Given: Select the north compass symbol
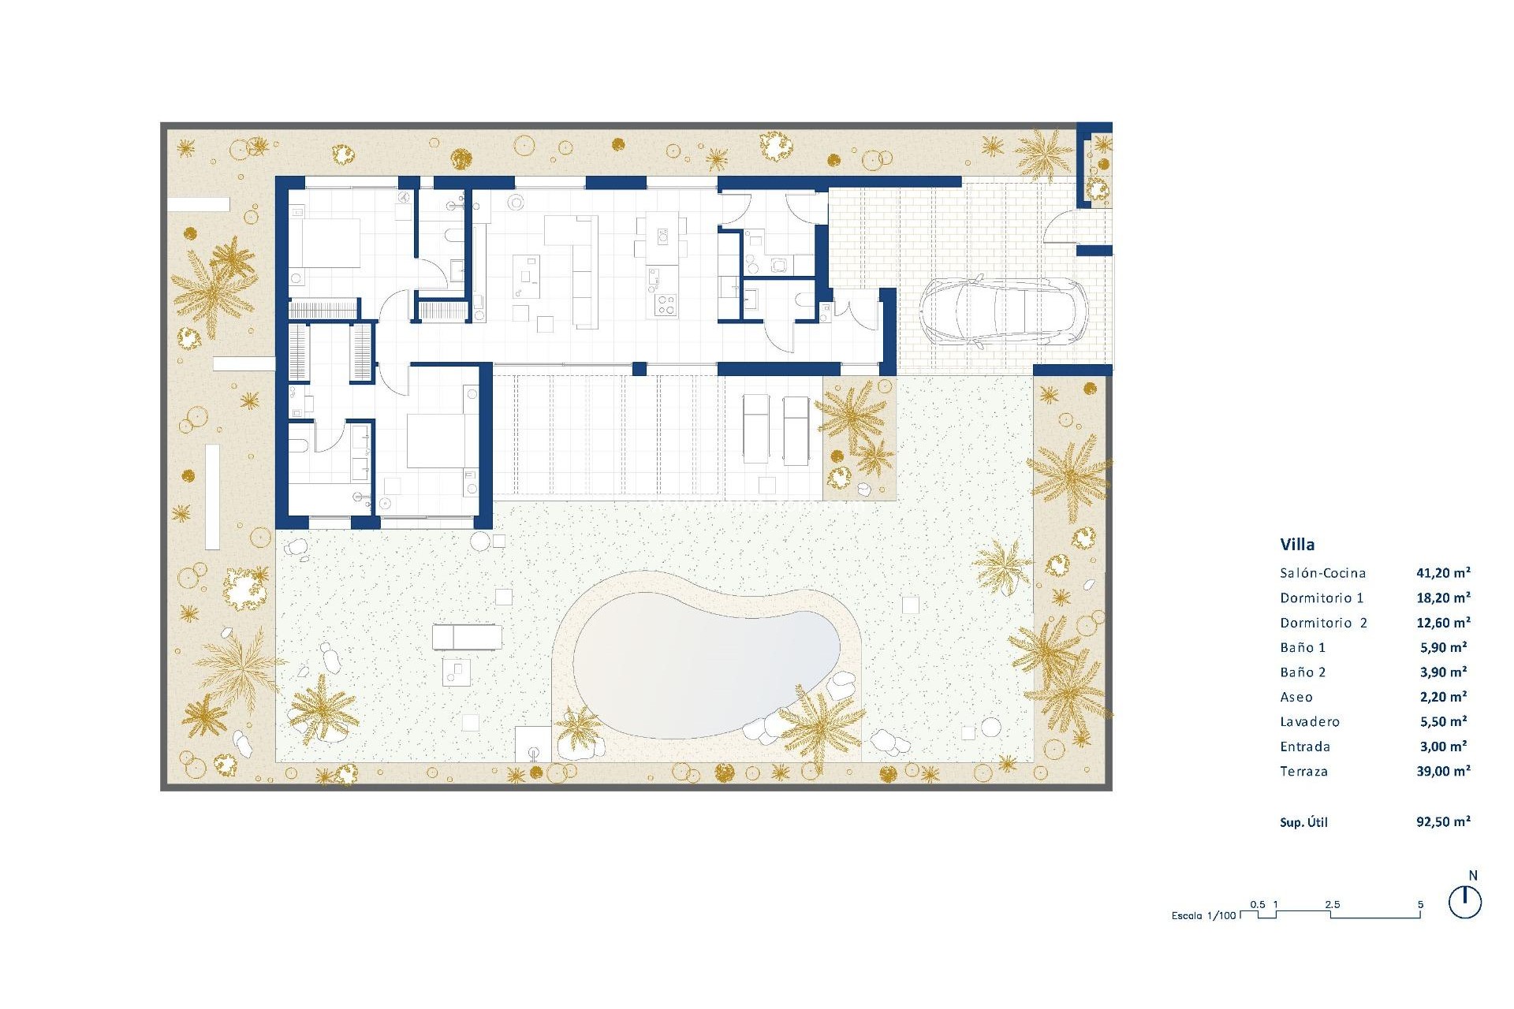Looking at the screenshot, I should [x=1465, y=902].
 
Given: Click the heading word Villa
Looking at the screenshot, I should [x=1297, y=544].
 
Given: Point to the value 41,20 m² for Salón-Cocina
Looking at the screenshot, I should [x=1443, y=573].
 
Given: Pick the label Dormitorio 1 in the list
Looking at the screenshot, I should [x=1322, y=598].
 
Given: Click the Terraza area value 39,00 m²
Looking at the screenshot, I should [x=1443, y=771].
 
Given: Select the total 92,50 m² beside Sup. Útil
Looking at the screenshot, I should [x=1443, y=821].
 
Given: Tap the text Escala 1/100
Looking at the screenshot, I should [x=1203, y=915].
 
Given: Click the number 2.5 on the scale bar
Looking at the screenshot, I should [x=1332, y=904].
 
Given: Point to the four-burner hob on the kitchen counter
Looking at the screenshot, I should [x=666, y=304].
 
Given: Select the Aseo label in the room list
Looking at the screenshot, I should [x=1296, y=697].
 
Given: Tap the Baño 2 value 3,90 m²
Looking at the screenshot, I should [x=1443, y=672].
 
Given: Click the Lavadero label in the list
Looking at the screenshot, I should [x=1310, y=721].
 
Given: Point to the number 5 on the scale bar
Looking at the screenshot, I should [x=1420, y=904].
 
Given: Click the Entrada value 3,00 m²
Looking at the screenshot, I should [x=1443, y=746].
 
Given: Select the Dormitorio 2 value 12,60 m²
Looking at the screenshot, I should [x=1443, y=622].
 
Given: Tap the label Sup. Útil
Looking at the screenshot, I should [x=1303, y=822].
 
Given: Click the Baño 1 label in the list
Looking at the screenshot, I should [x=1303, y=647].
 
